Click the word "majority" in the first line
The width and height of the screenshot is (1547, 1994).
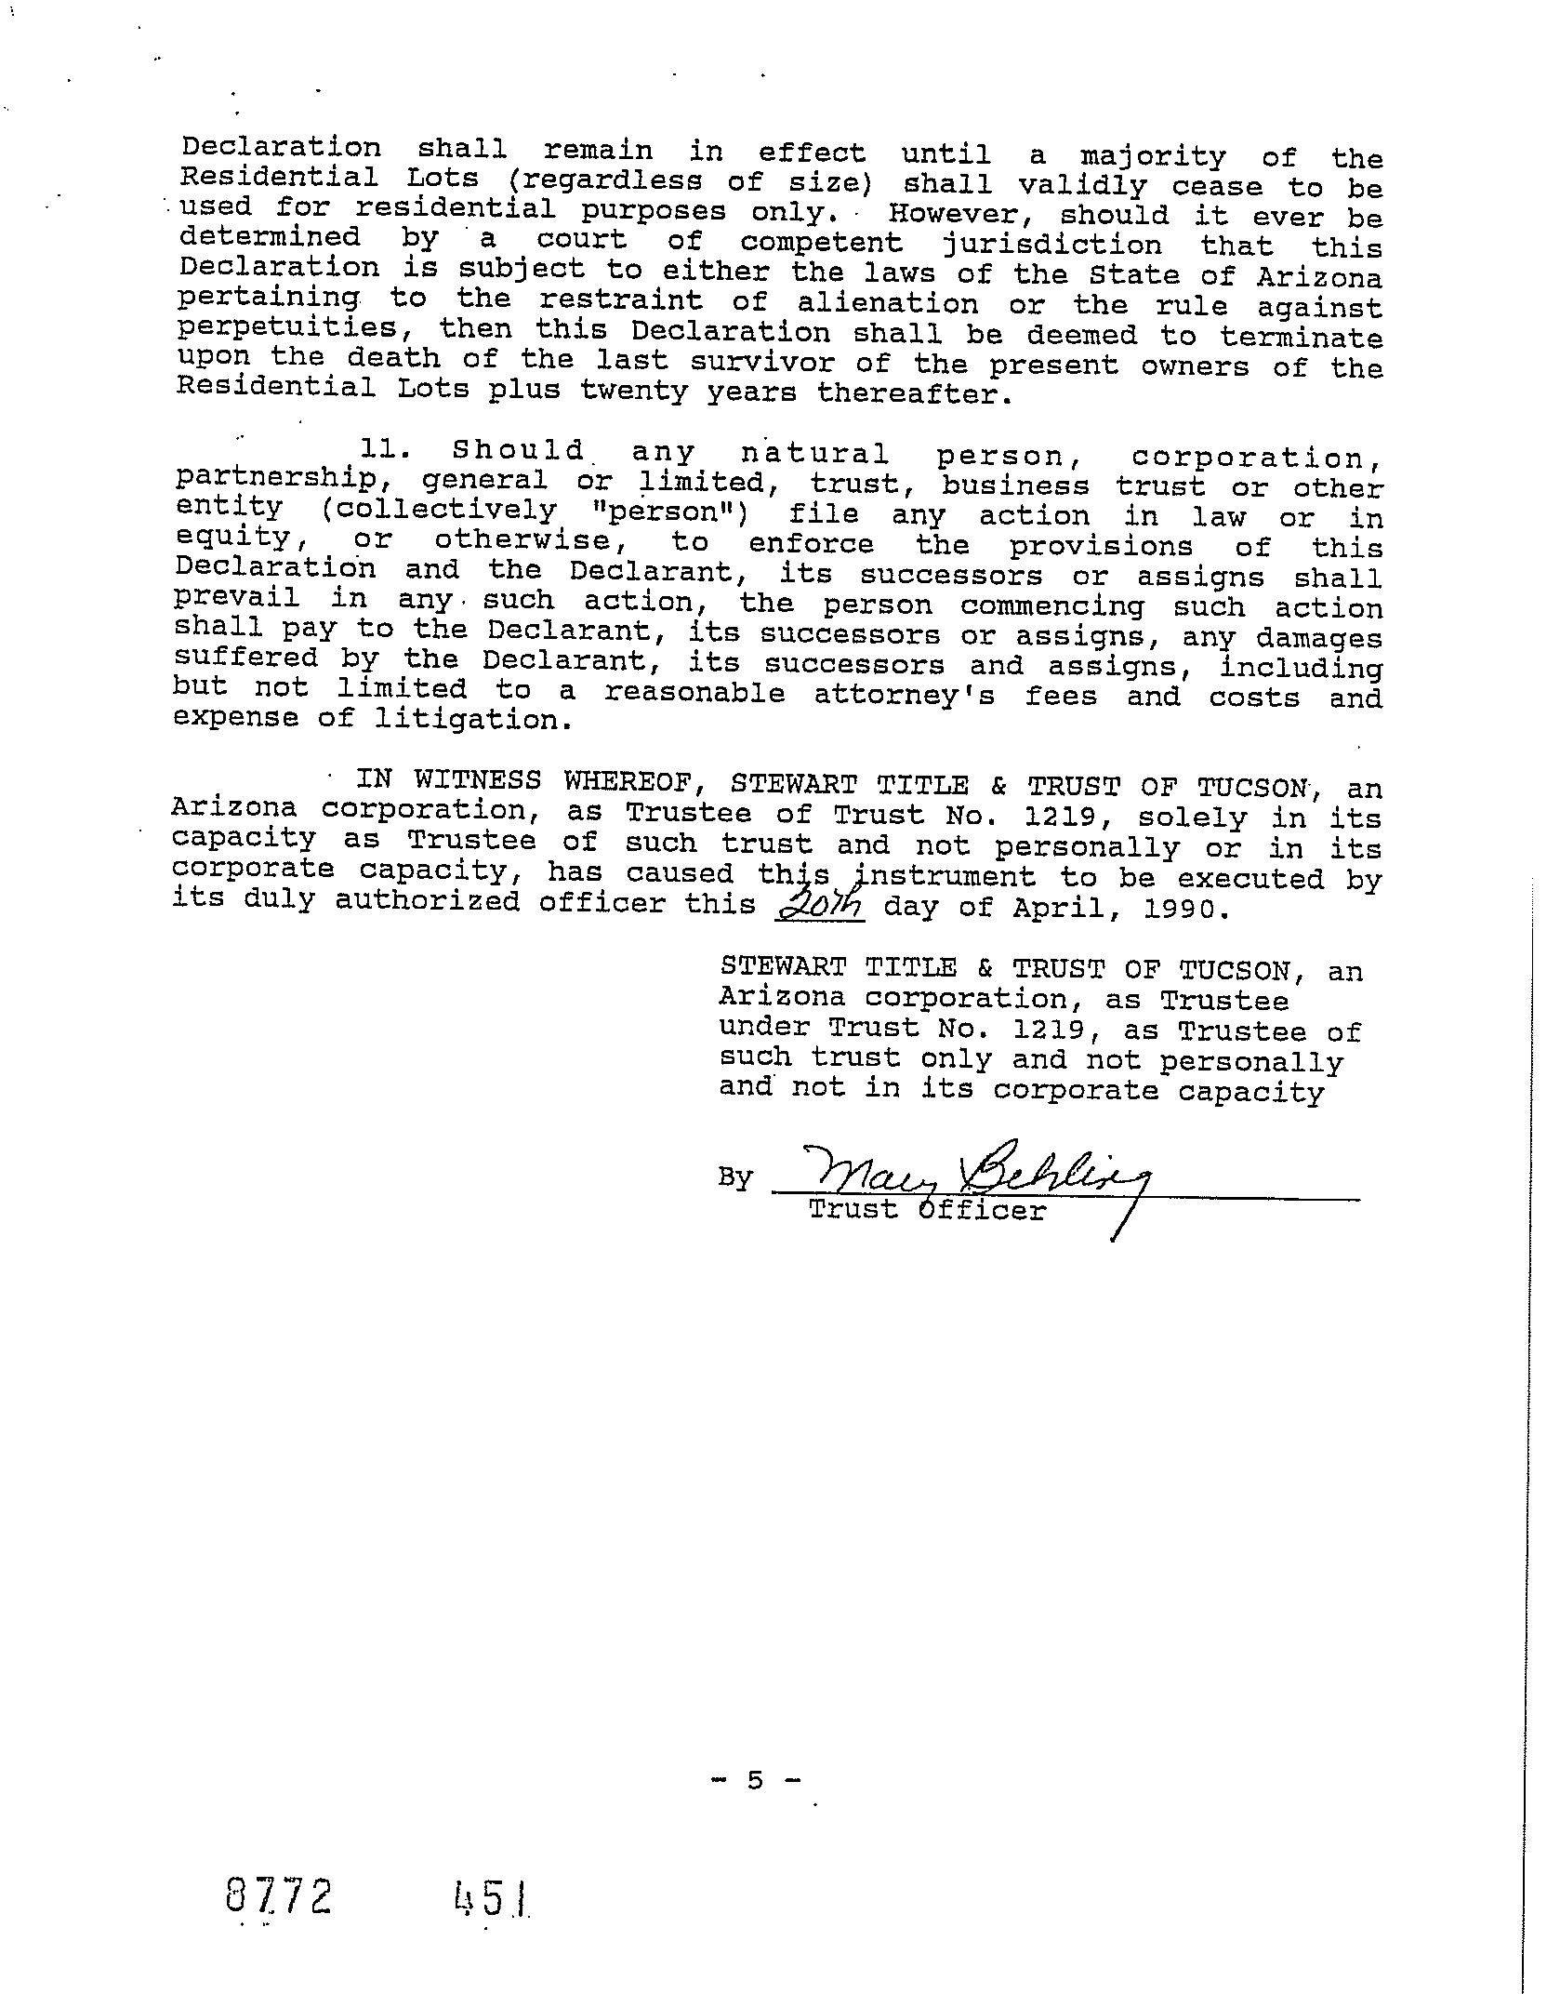click(x=1153, y=157)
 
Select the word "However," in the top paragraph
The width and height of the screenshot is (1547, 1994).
click(x=958, y=214)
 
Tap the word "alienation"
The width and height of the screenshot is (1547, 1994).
click(x=888, y=304)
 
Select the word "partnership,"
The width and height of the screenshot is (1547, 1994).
click(x=276, y=480)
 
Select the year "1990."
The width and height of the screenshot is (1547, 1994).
click(x=1190, y=909)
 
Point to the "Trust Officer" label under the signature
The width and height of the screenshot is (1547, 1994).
click(x=927, y=1210)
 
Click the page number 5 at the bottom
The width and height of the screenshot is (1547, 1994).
click(x=754, y=1780)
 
